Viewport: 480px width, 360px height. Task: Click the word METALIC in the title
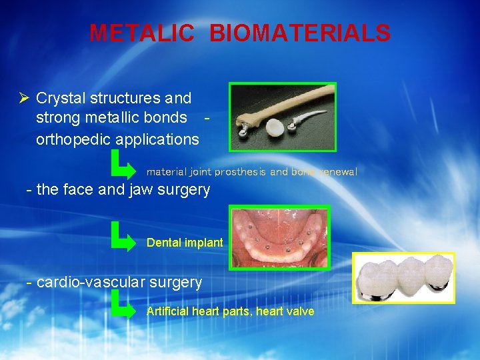click(x=142, y=33)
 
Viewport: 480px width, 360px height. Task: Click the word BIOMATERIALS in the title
click(x=300, y=33)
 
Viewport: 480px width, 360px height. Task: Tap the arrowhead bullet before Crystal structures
click(x=24, y=99)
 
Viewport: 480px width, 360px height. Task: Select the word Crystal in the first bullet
click(x=58, y=99)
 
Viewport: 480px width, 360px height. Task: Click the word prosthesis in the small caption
click(x=240, y=171)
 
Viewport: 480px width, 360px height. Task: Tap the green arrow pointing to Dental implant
click(x=124, y=237)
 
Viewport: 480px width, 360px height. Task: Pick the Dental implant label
click(x=185, y=243)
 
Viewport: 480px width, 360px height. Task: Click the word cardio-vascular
click(x=91, y=282)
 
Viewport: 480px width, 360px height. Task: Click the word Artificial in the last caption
click(x=167, y=311)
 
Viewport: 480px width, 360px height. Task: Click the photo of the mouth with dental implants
click(x=279, y=237)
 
